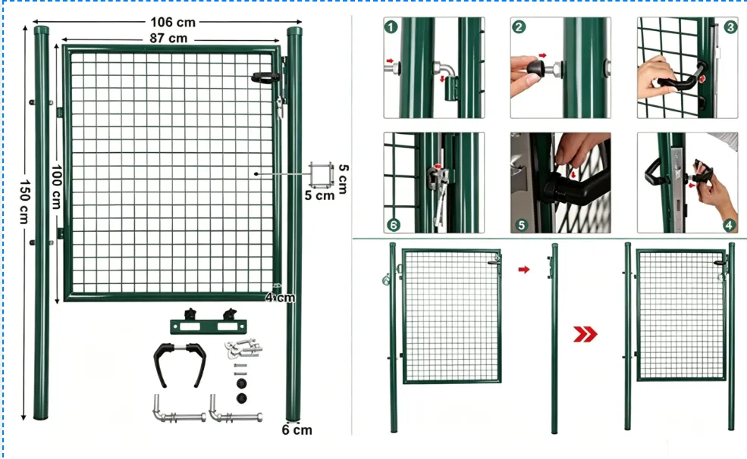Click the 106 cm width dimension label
click(173, 23)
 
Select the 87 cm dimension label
click(168, 39)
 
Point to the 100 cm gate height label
click(56, 187)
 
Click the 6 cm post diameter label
click(297, 430)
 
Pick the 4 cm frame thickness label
click(280, 298)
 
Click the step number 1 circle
click(391, 27)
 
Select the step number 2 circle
click(519, 27)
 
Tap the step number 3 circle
click(730, 27)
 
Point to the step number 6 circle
click(394, 224)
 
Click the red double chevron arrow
click(585, 334)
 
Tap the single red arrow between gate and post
click(524, 270)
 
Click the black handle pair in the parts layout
click(180, 364)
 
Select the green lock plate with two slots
click(209, 326)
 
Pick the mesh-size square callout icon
click(321, 174)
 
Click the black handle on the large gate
click(265, 77)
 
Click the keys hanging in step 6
click(440, 200)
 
